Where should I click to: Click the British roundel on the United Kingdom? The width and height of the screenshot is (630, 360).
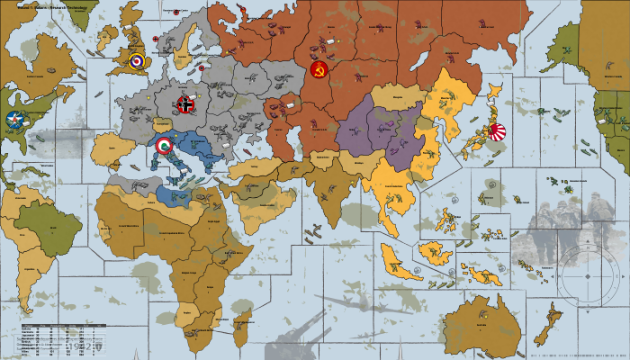click(x=137, y=61)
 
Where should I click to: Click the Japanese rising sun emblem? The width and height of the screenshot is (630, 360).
click(x=496, y=131)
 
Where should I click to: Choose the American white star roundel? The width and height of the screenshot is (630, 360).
click(x=15, y=118)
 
